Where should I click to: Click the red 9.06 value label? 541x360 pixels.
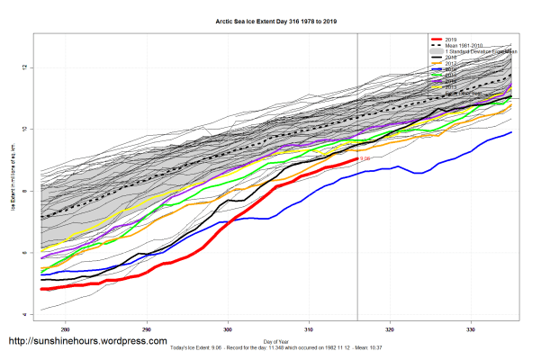coord(365,158)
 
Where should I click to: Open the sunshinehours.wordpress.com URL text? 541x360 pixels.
coord(87,341)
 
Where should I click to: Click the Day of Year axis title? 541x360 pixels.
coord(278,340)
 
